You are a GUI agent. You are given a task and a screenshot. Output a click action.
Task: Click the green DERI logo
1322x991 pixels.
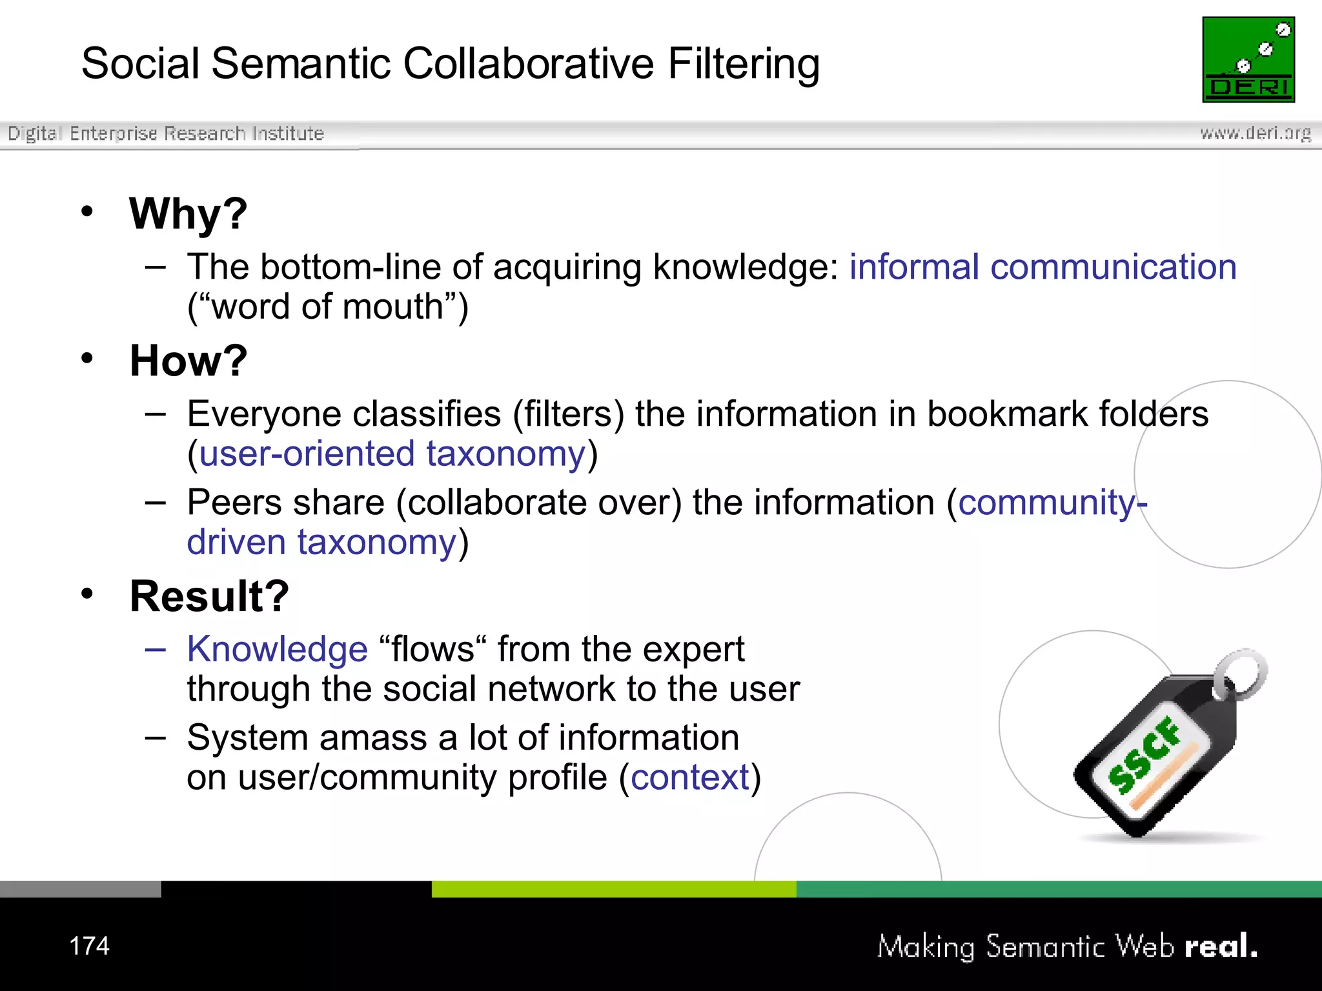1248,59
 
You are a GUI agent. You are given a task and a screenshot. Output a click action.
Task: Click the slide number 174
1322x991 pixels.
89,946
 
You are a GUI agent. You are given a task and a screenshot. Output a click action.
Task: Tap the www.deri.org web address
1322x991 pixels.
1255,133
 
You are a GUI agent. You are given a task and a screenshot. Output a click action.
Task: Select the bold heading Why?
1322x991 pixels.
188,214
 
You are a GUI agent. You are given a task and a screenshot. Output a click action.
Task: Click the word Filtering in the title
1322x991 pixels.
743,64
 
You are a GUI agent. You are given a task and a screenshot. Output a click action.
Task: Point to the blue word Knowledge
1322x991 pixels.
277,649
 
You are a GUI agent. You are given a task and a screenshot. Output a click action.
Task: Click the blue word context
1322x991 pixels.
689,777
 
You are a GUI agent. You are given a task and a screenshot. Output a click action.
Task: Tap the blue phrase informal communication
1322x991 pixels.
1042,267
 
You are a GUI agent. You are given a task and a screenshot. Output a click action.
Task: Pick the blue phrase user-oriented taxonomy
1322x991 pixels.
392,454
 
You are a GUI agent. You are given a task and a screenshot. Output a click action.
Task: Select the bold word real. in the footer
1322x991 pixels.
1221,946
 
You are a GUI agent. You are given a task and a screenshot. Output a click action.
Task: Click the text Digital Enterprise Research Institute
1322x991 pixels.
166,134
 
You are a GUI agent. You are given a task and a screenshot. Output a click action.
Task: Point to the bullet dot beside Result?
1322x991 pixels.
87,594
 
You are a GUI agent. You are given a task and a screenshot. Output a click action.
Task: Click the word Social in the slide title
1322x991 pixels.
141,64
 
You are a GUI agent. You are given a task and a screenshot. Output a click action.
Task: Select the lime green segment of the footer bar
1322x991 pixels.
613,889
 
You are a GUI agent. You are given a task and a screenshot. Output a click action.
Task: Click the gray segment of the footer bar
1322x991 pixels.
80,889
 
